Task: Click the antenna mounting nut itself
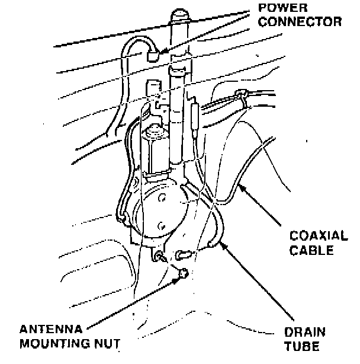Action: [184, 274]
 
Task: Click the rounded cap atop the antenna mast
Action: [179, 15]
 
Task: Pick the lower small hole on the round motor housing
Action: [160, 225]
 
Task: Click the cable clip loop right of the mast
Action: [242, 94]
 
